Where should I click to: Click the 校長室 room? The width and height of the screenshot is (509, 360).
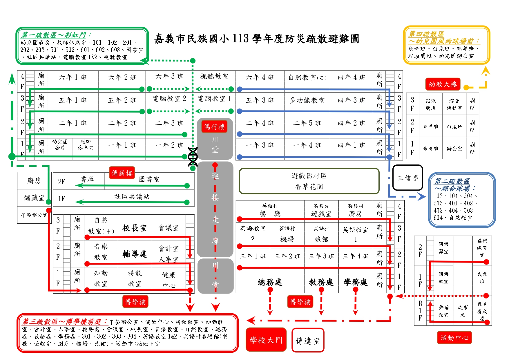[x=135, y=228]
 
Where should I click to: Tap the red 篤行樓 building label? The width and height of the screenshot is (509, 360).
[x=214, y=127]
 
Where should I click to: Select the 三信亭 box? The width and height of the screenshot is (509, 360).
[x=407, y=178]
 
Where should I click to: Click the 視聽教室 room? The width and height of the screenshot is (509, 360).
[x=214, y=77]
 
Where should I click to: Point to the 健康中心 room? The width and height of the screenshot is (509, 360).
[x=169, y=280]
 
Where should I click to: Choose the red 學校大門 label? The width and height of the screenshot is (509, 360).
[x=266, y=340]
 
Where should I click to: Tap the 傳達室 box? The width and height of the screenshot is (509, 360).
[x=308, y=341]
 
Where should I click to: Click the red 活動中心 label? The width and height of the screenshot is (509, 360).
[x=454, y=338]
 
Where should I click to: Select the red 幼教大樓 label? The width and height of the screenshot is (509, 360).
[x=443, y=84]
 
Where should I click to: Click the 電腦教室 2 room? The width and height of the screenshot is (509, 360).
[x=169, y=99]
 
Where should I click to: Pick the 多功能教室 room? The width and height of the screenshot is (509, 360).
[x=307, y=100]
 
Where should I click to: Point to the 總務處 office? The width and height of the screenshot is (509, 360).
[x=270, y=282]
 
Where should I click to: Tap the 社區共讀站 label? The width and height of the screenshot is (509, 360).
[x=132, y=197]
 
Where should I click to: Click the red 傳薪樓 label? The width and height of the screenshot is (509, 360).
[x=122, y=173]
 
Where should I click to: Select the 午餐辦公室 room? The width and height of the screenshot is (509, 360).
[x=34, y=215]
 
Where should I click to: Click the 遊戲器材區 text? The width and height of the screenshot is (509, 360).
[x=309, y=176]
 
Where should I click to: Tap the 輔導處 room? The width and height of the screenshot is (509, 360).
[x=135, y=254]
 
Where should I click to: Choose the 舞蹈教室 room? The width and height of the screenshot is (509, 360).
[x=443, y=311]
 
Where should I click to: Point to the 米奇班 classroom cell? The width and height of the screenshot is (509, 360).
[x=431, y=149]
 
